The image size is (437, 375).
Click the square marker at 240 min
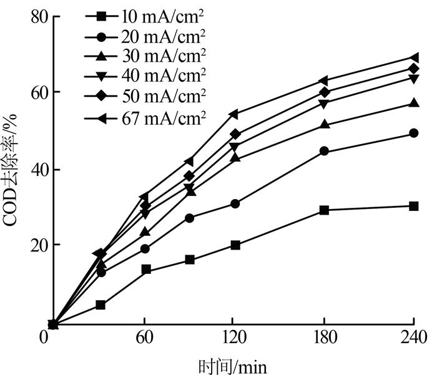[x=413, y=206]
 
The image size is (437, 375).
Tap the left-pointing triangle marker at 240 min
[x=413, y=57]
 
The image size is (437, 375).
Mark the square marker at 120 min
[x=235, y=245]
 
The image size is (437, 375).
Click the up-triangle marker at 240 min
[x=413, y=103]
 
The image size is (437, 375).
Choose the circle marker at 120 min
[x=235, y=204]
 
